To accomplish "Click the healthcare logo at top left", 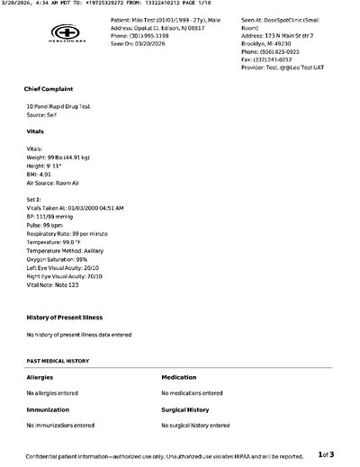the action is (58, 37).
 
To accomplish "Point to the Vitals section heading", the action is (36, 130).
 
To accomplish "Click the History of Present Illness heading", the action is (64, 318).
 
